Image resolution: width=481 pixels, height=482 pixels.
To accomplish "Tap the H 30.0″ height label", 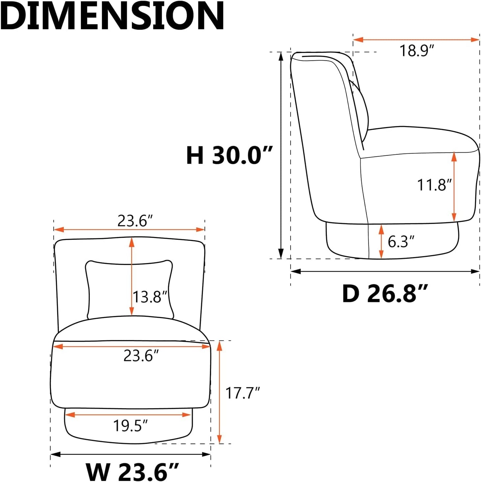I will tap(229, 155).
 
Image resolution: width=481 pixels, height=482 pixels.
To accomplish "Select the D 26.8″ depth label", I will tap(384, 294).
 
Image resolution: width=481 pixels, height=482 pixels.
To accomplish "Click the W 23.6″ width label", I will tap(132, 471).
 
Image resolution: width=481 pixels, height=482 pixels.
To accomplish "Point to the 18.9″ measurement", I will tap(417, 51).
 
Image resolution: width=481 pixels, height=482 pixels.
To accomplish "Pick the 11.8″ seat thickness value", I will tap(434, 185).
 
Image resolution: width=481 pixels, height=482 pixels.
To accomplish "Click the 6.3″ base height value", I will tap(401, 241).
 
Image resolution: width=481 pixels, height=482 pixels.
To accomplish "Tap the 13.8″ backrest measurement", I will tap(149, 296).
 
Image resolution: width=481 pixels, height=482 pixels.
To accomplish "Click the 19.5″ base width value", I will tap(130, 426).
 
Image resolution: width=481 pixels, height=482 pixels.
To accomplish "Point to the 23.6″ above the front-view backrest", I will tap(135, 221).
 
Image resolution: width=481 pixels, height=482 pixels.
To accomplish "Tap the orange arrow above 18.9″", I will tap(416, 40).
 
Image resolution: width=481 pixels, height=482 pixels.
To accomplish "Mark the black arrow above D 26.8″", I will tap(385, 272).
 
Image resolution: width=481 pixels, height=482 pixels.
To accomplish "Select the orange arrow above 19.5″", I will tap(128, 415).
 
